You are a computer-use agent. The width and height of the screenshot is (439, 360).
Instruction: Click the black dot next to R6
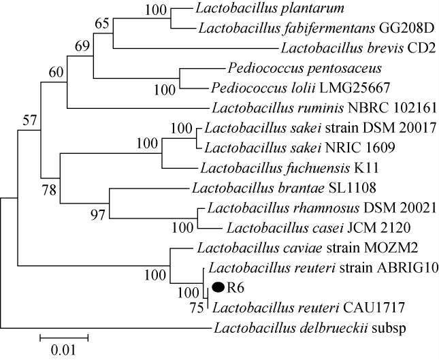(x=219, y=288)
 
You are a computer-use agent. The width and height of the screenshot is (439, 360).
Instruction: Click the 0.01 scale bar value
(x=63, y=351)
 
